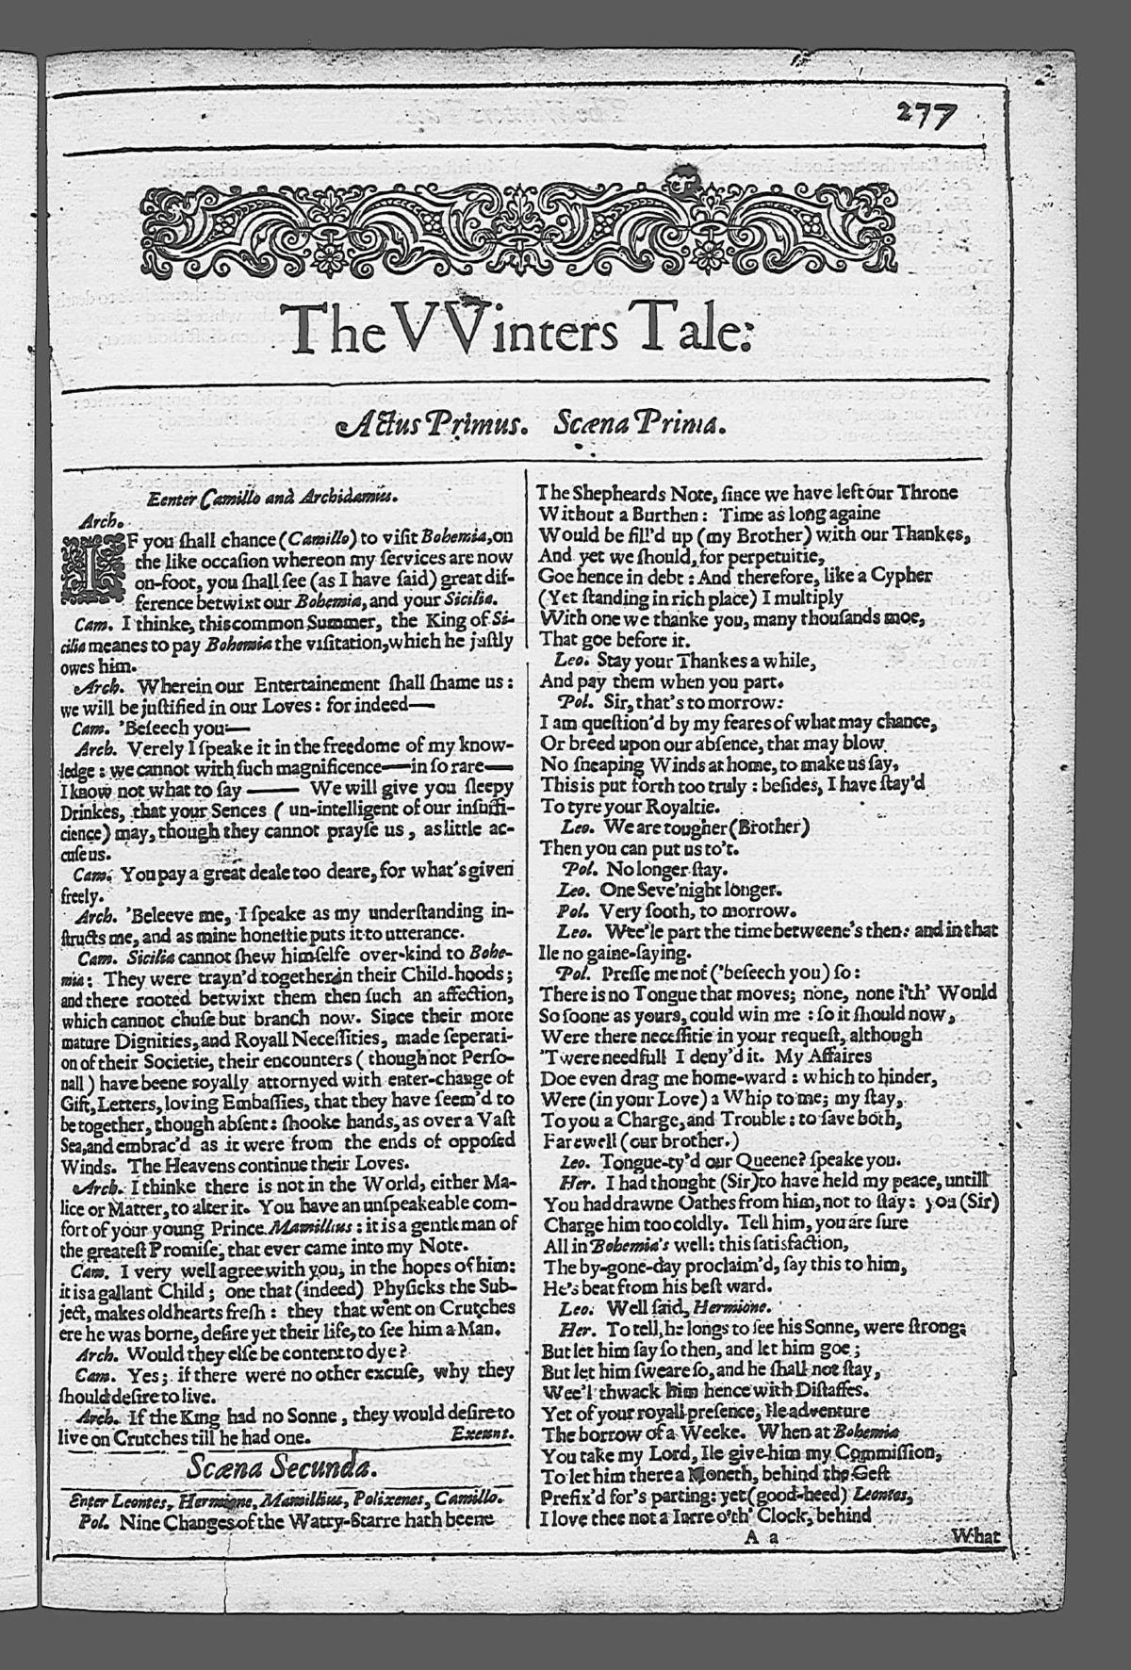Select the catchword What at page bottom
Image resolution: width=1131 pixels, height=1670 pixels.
pyautogui.click(x=975, y=1536)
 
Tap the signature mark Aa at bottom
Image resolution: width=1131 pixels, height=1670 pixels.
pyautogui.click(x=760, y=1537)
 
